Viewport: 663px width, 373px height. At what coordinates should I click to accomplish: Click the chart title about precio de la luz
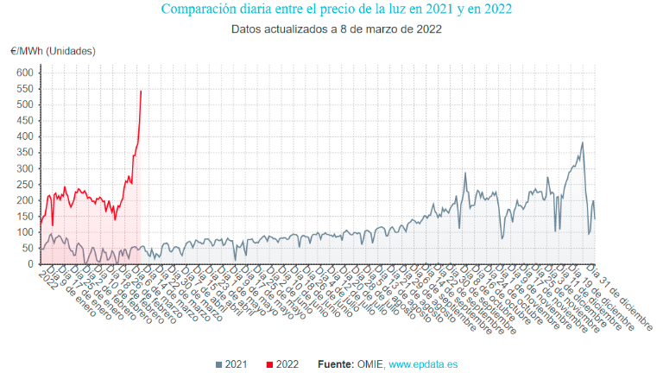pos(336,9)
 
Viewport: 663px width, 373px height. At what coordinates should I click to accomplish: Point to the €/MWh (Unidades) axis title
pos(54,51)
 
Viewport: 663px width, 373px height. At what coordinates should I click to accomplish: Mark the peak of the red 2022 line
pos(141,91)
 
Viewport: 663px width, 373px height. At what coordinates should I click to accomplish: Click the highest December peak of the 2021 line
pos(583,142)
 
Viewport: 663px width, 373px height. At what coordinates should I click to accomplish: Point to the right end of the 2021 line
pos(595,218)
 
